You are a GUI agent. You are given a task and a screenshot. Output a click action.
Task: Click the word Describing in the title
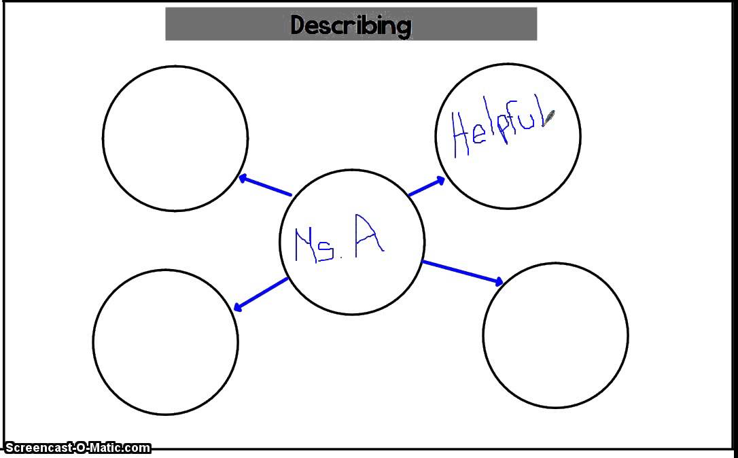click(x=351, y=25)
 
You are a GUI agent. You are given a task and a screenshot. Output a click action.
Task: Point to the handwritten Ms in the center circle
click(x=315, y=245)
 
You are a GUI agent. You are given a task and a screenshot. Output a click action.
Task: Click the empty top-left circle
click(x=175, y=139)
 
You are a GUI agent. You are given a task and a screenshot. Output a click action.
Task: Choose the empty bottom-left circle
click(x=166, y=342)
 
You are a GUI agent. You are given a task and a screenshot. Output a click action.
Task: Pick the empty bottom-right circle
click(x=555, y=336)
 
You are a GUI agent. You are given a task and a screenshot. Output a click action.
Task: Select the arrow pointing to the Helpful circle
click(x=426, y=187)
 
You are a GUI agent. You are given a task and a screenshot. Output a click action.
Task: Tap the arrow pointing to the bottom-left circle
click(x=260, y=294)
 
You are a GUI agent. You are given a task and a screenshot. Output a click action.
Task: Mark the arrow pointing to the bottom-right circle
click(x=462, y=272)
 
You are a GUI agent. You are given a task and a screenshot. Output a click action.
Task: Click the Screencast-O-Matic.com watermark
click(x=77, y=447)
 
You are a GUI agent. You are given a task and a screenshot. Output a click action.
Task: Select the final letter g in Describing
click(x=403, y=27)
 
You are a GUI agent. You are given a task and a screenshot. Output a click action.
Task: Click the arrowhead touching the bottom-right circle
click(x=499, y=281)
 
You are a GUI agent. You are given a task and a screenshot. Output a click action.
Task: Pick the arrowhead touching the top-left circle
click(x=243, y=179)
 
